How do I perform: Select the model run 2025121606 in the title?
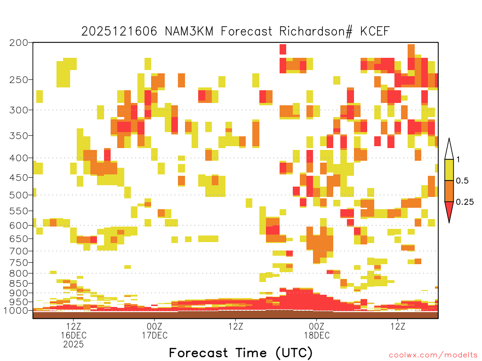click(119, 31)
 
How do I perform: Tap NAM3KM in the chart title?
click(189, 31)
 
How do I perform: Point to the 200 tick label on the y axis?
click(18, 43)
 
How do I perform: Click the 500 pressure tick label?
click(18, 195)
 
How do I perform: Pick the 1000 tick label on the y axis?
click(16, 311)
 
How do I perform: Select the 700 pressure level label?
click(18, 251)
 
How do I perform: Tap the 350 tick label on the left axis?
click(18, 136)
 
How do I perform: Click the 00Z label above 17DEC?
click(154, 326)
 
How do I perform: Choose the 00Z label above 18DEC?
click(317, 326)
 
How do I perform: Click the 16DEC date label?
click(73, 336)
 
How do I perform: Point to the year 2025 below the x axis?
click(73, 345)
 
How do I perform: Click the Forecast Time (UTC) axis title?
click(241, 353)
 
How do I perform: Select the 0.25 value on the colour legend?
click(465, 202)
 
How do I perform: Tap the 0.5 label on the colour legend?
click(462, 181)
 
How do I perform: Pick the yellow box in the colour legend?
click(449, 170)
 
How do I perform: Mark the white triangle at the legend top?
click(449, 149)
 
